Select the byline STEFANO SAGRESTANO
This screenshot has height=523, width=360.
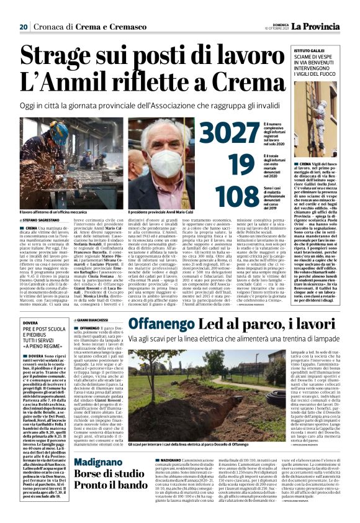coord(44,221)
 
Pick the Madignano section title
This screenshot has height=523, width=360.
coord(104,463)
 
